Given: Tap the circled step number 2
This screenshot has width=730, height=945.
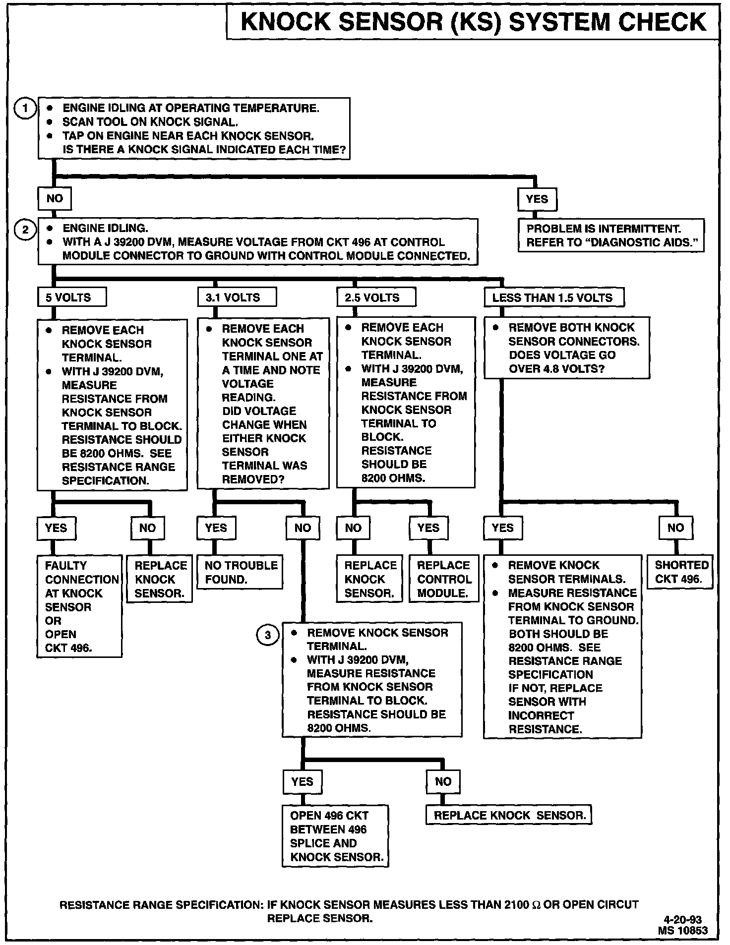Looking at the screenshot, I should point(25,229).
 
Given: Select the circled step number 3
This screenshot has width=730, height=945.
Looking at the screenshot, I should point(268,635).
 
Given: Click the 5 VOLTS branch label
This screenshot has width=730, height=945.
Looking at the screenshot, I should point(71,297).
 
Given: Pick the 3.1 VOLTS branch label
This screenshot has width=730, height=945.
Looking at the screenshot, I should point(236,297).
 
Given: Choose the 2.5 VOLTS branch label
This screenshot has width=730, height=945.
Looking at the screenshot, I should point(375,297).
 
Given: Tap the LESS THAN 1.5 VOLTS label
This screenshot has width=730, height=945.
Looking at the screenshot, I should point(553,297).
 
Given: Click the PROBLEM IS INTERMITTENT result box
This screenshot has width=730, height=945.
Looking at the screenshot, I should point(610,236).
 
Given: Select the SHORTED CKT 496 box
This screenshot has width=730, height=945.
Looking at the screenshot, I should point(680,572).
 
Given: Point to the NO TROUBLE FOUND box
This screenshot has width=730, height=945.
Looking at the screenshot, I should point(240,572).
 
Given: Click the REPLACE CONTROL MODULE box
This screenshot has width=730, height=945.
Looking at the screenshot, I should point(443,579).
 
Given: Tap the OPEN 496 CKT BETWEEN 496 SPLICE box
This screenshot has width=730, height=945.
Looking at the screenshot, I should point(335,836).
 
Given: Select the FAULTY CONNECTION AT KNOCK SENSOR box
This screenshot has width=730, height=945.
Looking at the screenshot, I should point(79,606).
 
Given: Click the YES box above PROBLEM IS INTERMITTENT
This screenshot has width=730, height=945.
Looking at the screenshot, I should point(537,199).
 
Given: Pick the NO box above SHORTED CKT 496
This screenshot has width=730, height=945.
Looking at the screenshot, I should point(675,528).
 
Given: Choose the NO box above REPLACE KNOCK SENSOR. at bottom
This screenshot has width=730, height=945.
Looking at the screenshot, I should point(443,782).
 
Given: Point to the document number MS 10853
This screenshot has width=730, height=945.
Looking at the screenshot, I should point(682,931).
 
